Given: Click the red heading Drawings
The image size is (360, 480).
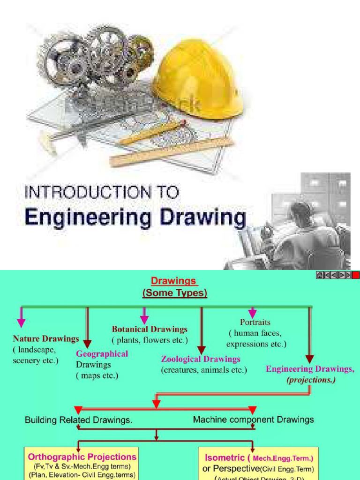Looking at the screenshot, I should (x=174, y=281).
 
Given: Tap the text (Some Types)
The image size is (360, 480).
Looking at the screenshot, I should (x=174, y=293).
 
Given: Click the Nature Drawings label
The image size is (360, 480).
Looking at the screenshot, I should (x=46, y=338).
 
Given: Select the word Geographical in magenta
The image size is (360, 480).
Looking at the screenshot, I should (x=102, y=353).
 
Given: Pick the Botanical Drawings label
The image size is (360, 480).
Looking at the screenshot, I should (x=150, y=329).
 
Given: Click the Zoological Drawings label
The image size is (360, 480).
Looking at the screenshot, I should (x=201, y=359).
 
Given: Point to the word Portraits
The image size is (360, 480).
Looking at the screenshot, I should (x=255, y=322).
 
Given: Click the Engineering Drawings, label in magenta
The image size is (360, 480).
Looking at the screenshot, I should (x=310, y=369).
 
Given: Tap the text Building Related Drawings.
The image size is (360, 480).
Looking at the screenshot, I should (x=78, y=420).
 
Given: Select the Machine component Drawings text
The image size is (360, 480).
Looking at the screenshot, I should (x=254, y=420).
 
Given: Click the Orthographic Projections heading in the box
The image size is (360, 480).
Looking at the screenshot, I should (x=82, y=457).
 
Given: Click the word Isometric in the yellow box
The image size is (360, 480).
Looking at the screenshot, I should (x=225, y=457).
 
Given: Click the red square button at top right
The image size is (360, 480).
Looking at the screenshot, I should (x=356, y=275).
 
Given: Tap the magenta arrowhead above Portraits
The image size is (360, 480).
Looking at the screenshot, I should (x=253, y=313).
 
